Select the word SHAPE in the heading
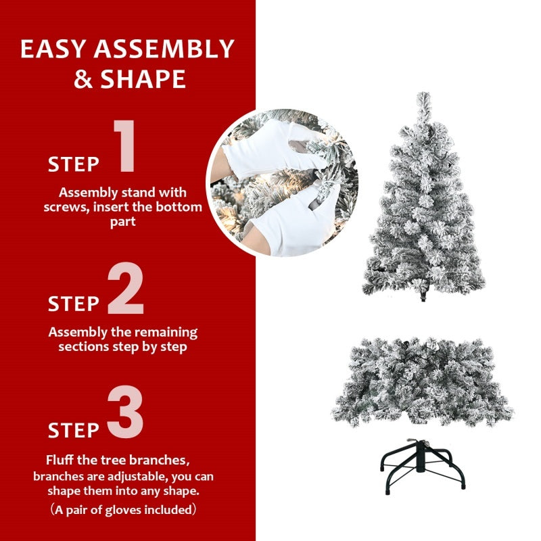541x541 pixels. pos(143,80)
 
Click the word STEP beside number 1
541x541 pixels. pos(74,164)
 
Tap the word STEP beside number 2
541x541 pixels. pos(74,304)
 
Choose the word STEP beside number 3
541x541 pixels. pos(74,430)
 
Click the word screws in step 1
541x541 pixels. pos(65,207)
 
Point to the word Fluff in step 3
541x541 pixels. pos(62,461)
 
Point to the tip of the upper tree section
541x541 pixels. pos(423,98)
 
